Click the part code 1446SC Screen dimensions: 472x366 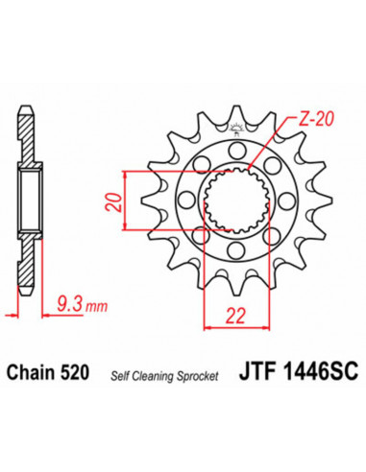[306, 369]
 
